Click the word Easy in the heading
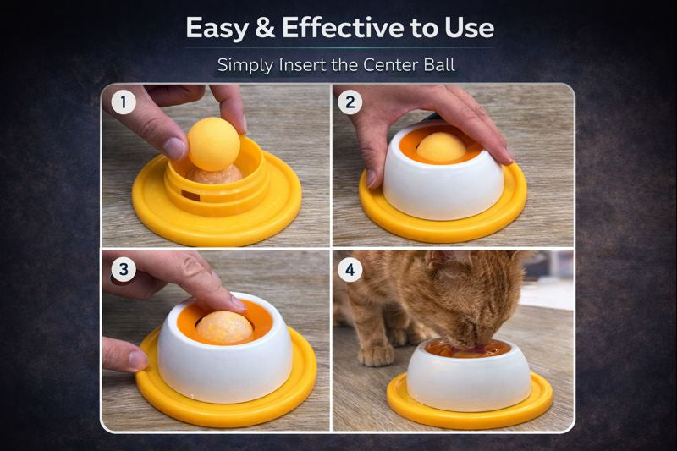point(217,29)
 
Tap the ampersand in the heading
point(265,28)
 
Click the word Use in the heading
point(470,28)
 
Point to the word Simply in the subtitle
point(245,66)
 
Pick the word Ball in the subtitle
point(439,65)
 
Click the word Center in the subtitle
point(391,65)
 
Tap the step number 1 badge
point(124,102)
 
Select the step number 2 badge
point(350,102)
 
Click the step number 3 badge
point(124,269)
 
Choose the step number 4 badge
point(350,270)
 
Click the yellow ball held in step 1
point(214,144)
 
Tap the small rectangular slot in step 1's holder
point(190,195)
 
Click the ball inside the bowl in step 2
point(441,147)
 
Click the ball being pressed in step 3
point(224,327)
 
